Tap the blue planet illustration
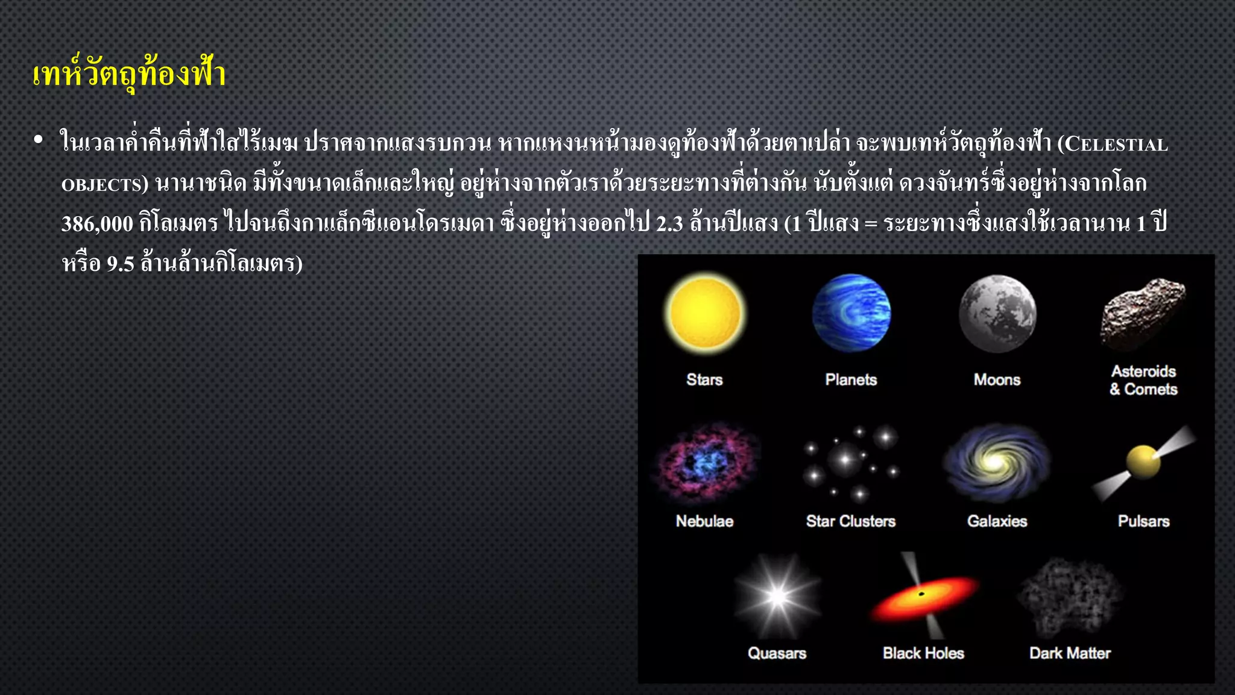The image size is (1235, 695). click(851, 313)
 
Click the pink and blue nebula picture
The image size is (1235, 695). click(704, 464)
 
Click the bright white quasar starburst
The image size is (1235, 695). click(777, 597)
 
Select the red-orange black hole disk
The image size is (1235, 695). click(923, 597)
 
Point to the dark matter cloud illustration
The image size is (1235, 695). click(1070, 597)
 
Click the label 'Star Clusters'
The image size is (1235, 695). click(851, 521)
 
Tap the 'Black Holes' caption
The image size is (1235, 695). click(923, 653)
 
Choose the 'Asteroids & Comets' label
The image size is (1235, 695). click(1143, 380)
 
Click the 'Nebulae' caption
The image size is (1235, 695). click(704, 521)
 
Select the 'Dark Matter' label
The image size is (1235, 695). click(1070, 653)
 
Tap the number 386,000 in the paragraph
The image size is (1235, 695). click(97, 224)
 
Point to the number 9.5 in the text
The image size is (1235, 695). click(120, 264)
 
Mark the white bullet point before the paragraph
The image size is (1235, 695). click(39, 140)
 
